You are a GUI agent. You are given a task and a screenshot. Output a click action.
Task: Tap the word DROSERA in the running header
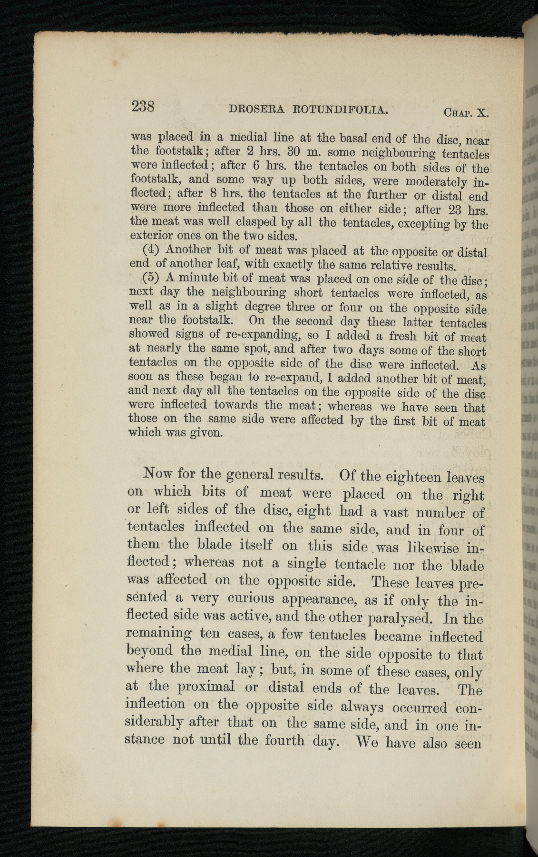(x=256, y=109)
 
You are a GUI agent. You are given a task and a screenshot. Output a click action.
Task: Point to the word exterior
(x=149, y=236)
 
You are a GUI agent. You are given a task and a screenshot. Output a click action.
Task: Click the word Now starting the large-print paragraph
(x=157, y=474)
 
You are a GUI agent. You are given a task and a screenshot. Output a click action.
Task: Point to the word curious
(x=249, y=598)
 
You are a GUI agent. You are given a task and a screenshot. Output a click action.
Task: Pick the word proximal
(x=205, y=687)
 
